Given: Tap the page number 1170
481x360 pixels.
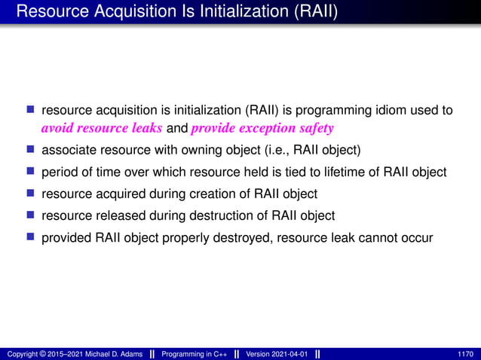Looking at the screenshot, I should (x=466, y=354).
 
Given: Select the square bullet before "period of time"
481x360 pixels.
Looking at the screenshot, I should (x=32, y=171).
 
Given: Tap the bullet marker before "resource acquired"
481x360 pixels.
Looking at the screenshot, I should (x=32, y=193).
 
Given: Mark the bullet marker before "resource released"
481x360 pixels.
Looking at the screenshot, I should (x=32, y=215).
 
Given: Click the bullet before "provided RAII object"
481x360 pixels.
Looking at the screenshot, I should (x=32, y=237).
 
